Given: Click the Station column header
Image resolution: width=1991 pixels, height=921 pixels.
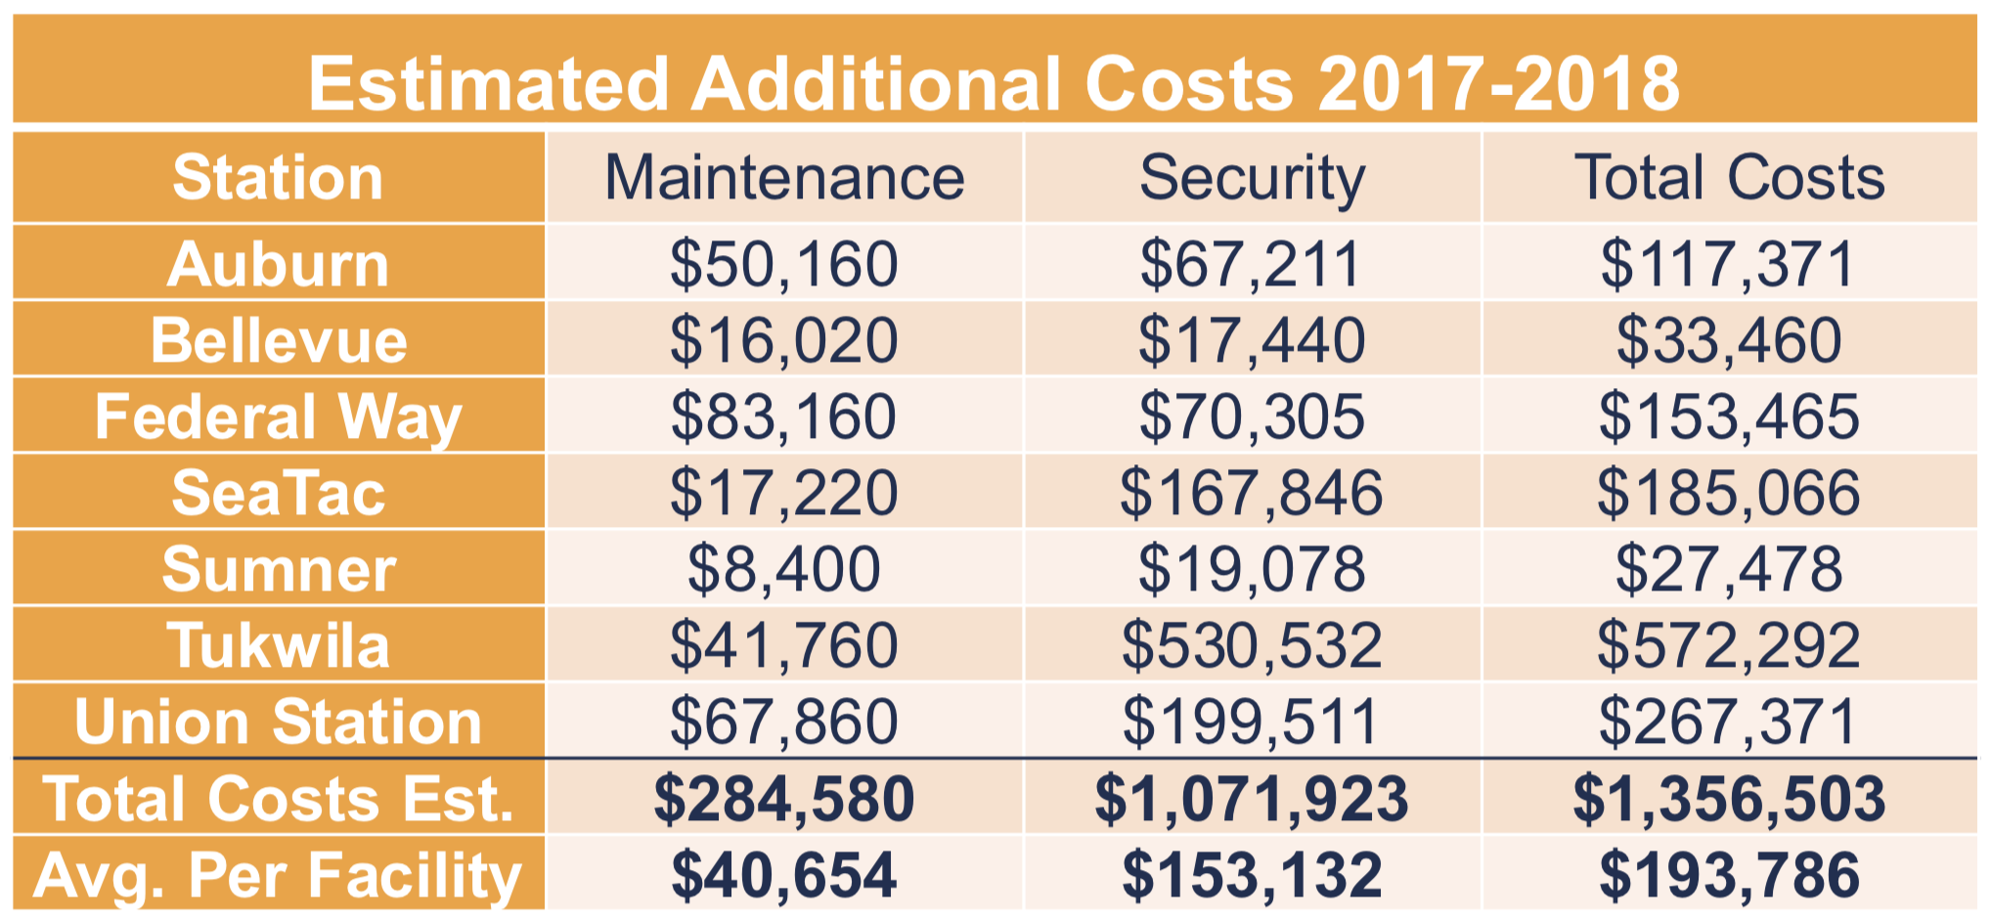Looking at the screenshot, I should click(278, 178).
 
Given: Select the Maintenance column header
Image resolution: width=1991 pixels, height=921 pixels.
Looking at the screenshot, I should click(784, 178).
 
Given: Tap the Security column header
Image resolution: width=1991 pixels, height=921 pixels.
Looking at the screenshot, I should click(1252, 178).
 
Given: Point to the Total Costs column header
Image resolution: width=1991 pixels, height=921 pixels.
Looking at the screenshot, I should click(1729, 178).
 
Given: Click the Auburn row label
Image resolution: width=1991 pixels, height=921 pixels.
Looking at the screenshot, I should click(278, 264).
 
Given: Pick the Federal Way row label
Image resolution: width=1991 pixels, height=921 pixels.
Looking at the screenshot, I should click(278, 417).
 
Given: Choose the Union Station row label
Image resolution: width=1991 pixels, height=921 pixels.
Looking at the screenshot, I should click(278, 722).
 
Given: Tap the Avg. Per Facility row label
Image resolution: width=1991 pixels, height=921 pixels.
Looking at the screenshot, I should click(278, 874).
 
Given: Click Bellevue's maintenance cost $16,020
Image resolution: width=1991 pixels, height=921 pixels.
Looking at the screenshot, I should click(784, 340).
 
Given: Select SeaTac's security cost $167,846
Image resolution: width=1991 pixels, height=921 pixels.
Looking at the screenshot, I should click(1252, 493).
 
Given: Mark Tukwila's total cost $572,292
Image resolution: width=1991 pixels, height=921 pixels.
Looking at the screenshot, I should click(1729, 645).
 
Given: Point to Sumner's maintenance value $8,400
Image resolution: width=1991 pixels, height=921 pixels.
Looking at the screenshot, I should click(784, 569).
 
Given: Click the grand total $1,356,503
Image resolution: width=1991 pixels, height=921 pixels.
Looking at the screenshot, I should click(1729, 798).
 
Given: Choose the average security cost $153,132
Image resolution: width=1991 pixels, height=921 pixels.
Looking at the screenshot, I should click(1252, 874).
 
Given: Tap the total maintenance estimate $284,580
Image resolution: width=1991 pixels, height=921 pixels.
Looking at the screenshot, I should click(784, 798).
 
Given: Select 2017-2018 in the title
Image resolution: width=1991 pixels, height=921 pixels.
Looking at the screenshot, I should click(1498, 84).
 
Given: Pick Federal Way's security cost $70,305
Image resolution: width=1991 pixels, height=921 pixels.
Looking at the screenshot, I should click(1252, 417).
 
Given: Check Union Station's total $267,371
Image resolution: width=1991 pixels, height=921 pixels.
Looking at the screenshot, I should click(1729, 722).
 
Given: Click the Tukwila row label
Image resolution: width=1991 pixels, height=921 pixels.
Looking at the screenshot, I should click(278, 645).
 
